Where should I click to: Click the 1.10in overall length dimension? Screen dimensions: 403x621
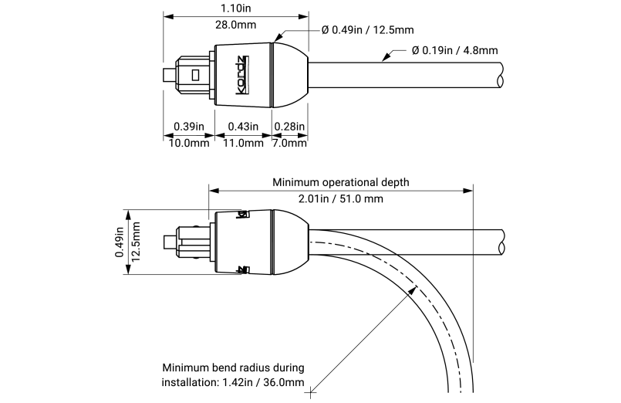click(236, 8)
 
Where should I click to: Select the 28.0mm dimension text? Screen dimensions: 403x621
click(236, 25)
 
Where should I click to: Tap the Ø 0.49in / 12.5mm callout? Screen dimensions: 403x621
click(367, 30)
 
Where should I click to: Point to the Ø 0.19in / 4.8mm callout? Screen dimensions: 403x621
click(454, 50)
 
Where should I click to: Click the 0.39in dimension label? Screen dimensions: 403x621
click(188, 127)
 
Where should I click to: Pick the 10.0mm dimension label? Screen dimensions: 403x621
click(188, 143)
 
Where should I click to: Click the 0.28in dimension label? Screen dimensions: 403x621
click(290, 127)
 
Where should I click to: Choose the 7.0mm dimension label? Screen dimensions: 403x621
click(290, 143)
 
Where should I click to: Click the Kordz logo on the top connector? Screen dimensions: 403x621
click(241, 76)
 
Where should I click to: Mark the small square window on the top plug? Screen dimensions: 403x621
click(195, 75)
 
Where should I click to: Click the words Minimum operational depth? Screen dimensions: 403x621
click(340, 183)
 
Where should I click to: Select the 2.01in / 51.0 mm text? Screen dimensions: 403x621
click(340, 199)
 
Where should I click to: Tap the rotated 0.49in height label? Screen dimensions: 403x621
click(120, 241)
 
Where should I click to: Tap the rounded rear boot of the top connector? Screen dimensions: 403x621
click(290, 76)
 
